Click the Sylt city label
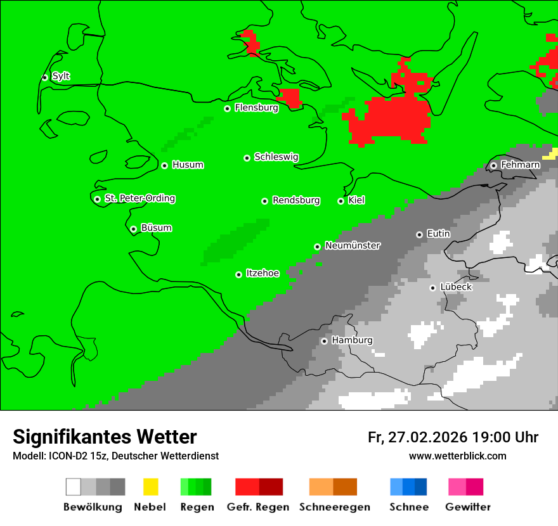[x=61, y=77]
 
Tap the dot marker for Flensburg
[x=227, y=108]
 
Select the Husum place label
[x=188, y=165]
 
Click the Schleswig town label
[x=276, y=157]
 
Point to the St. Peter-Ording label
[x=139, y=199]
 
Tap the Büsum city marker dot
[x=133, y=229]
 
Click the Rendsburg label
[x=296, y=201]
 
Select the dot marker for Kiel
[x=341, y=201]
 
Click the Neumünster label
[x=353, y=246]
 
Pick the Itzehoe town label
[x=263, y=274]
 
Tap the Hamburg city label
[x=352, y=341]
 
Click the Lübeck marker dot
[x=432, y=288]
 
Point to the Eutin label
[x=438, y=234]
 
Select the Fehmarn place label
[x=520, y=165]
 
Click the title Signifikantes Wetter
[x=105, y=437]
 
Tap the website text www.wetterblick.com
[x=457, y=456]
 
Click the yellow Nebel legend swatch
[x=151, y=487]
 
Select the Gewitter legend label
[x=467, y=507]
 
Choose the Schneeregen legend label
[x=334, y=507]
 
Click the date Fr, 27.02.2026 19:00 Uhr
[x=453, y=437]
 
